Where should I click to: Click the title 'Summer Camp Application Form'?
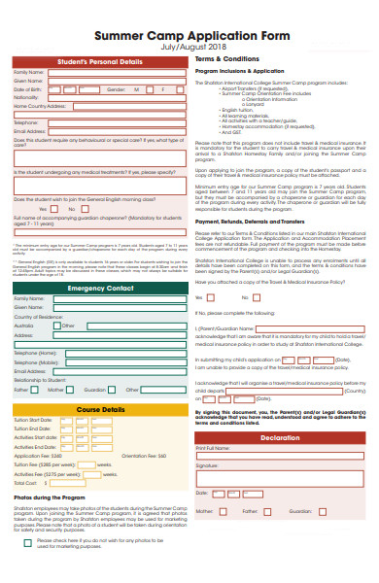point(189,34)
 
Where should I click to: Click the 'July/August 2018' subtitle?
point(189,47)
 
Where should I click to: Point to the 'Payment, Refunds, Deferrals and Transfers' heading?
point(255,221)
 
